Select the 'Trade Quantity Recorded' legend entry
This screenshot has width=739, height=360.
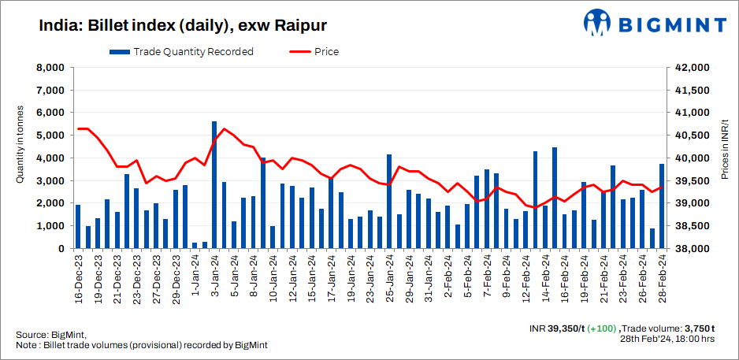click(x=181, y=52)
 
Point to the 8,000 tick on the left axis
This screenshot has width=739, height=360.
click(x=50, y=68)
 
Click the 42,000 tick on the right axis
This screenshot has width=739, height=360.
click(x=691, y=68)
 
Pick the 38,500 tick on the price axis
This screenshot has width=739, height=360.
click(x=691, y=226)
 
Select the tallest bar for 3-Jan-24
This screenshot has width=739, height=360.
click(x=214, y=185)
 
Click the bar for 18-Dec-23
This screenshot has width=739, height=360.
click(x=78, y=227)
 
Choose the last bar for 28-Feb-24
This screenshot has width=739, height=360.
click(x=662, y=206)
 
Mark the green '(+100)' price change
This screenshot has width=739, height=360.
click(x=602, y=327)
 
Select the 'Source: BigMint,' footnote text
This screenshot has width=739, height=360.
click(x=50, y=335)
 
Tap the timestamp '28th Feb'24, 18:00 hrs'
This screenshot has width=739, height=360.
click(x=667, y=338)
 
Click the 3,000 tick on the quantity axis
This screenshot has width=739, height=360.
click(x=50, y=181)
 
